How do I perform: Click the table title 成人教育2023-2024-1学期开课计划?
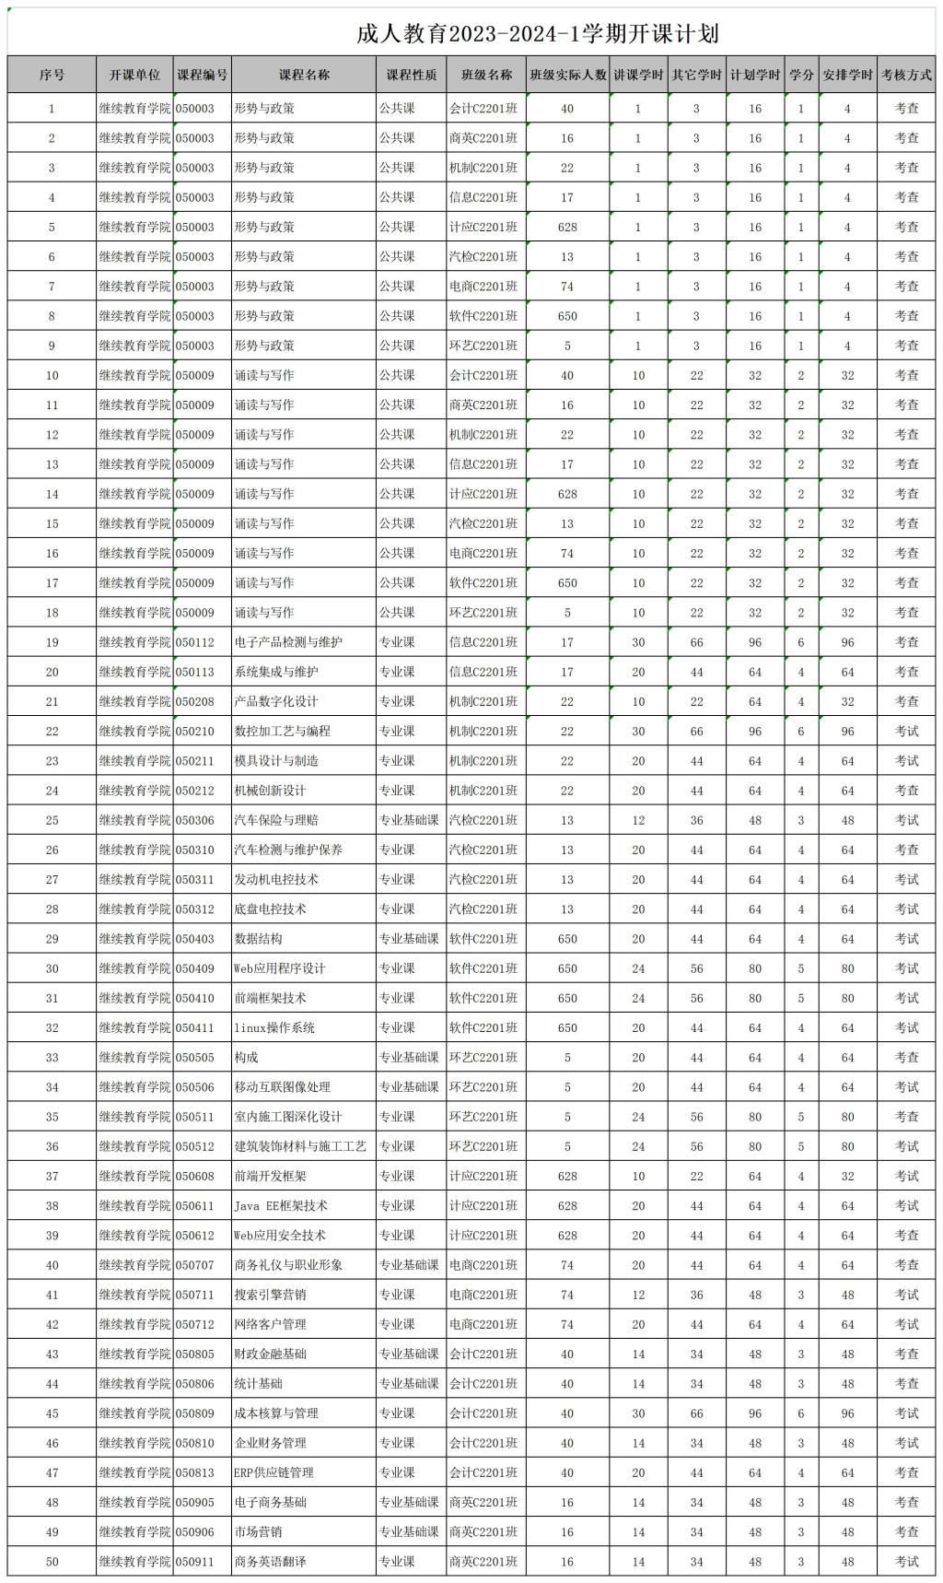(538, 34)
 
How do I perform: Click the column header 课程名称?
(304, 75)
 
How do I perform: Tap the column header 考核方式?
(906, 75)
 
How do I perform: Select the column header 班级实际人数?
(567, 75)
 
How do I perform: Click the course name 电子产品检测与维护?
(288, 642)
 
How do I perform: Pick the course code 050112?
(195, 642)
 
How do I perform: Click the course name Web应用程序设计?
(280, 968)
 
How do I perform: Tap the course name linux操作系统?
(274, 1027)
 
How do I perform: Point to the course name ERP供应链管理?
(274, 1472)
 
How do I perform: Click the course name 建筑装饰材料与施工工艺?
(300, 1146)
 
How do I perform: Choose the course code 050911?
(195, 1562)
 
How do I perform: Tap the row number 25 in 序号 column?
(52, 820)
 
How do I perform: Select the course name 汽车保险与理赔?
(276, 820)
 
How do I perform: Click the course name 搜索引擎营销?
(270, 1295)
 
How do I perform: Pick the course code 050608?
(195, 1176)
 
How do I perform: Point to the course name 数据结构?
(258, 939)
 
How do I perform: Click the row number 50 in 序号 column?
(52, 1562)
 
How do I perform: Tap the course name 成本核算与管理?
(276, 1413)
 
